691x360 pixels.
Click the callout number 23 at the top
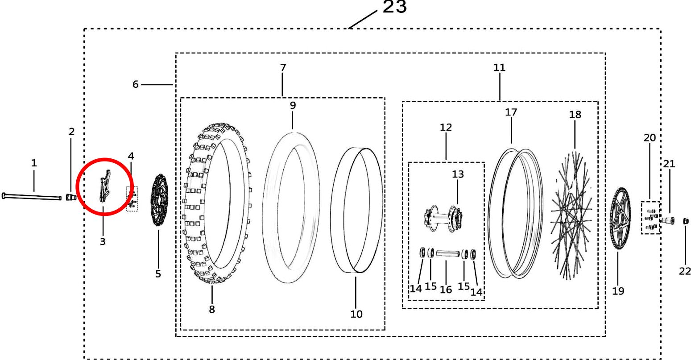click(x=394, y=7)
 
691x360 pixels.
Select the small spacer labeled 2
click(x=71, y=197)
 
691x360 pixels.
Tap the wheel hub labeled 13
click(x=443, y=219)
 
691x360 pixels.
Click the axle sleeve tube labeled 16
click(x=448, y=253)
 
